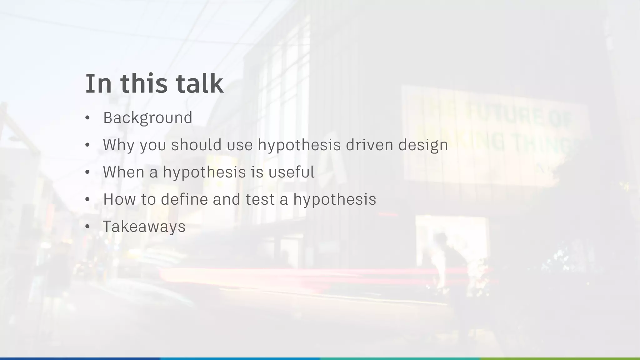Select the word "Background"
click(147, 118)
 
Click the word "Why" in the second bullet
click(118, 145)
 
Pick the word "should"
click(196, 145)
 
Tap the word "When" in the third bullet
click(123, 172)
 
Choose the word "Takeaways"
click(144, 227)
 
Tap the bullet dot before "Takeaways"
click(87, 227)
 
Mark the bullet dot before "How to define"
click(87, 199)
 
